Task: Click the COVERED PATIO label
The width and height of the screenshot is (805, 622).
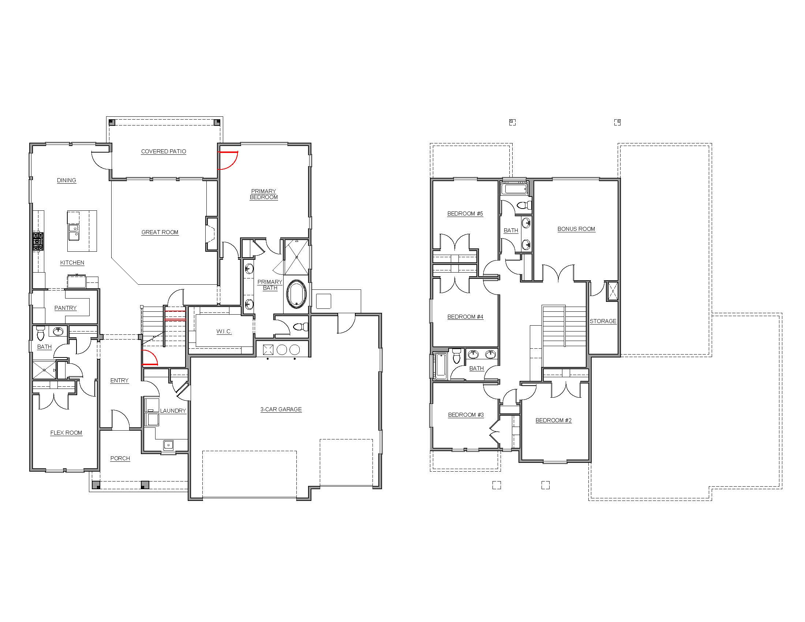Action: pos(164,151)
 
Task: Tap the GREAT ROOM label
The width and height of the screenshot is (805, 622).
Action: pos(160,232)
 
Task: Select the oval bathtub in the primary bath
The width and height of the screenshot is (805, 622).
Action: pos(297,294)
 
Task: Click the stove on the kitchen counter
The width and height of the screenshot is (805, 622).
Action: pos(38,242)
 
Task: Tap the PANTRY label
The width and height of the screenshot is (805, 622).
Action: pos(65,308)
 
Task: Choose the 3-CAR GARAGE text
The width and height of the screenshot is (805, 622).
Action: pos(281,409)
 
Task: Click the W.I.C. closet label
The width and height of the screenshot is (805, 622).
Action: pos(224,331)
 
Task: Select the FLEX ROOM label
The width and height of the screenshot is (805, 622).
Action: pos(66,433)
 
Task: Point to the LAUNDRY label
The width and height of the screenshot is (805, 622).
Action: pos(173,411)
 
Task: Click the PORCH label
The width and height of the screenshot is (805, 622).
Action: pos(120,458)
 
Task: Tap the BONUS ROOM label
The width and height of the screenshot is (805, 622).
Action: pos(576,229)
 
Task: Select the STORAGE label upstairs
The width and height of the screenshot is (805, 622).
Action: pos(603,321)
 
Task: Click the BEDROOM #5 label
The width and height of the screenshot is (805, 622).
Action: pos(465,214)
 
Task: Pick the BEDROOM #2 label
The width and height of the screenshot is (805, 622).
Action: pos(554,420)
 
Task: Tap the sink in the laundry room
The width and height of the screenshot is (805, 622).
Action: pos(168,445)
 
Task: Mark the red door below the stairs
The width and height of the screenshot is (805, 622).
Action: pos(150,358)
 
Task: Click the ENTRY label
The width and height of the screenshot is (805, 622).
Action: pos(119,381)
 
